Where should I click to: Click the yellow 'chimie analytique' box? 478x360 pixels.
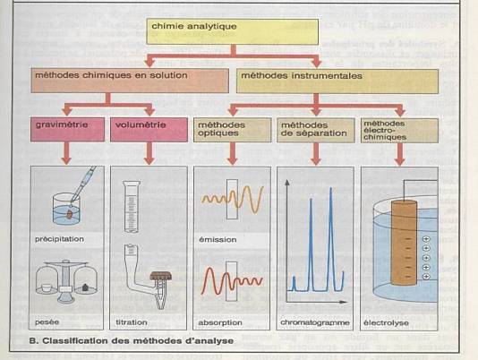pyautogui.click(x=233, y=31)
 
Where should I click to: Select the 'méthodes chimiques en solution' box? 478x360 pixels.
pyautogui.click(x=130, y=81)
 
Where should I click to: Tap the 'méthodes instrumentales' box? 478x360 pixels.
pyautogui.click(x=337, y=81)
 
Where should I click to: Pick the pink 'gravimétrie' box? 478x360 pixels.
pyautogui.click(x=67, y=130)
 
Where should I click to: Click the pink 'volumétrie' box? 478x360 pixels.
pyautogui.click(x=149, y=130)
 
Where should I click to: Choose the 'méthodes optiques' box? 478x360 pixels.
pyautogui.click(x=233, y=130)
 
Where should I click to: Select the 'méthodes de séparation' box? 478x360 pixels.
pyautogui.click(x=316, y=131)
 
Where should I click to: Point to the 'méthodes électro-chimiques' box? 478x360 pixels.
pyautogui.click(x=399, y=131)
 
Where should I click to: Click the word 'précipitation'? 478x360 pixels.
pyautogui.click(x=59, y=239)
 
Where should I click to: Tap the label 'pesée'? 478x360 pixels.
pyautogui.click(x=47, y=322)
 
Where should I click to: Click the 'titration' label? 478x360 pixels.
pyautogui.click(x=132, y=322)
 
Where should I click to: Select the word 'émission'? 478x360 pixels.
pyautogui.click(x=218, y=240)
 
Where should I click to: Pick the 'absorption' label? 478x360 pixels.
pyautogui.click(x=220, y=322)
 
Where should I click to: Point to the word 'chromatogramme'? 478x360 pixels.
pyautogui.click(x=315, y=322)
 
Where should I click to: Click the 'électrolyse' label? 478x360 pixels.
pyautogui.click(x=386, y=322)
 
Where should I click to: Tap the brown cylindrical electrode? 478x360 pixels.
pyautogui.click(x=404, y=243)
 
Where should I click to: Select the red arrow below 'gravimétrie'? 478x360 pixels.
pyautogui.click(x=66, y=153)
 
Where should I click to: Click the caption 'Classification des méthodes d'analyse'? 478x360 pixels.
pyautogui.click(x=132, y=341)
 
